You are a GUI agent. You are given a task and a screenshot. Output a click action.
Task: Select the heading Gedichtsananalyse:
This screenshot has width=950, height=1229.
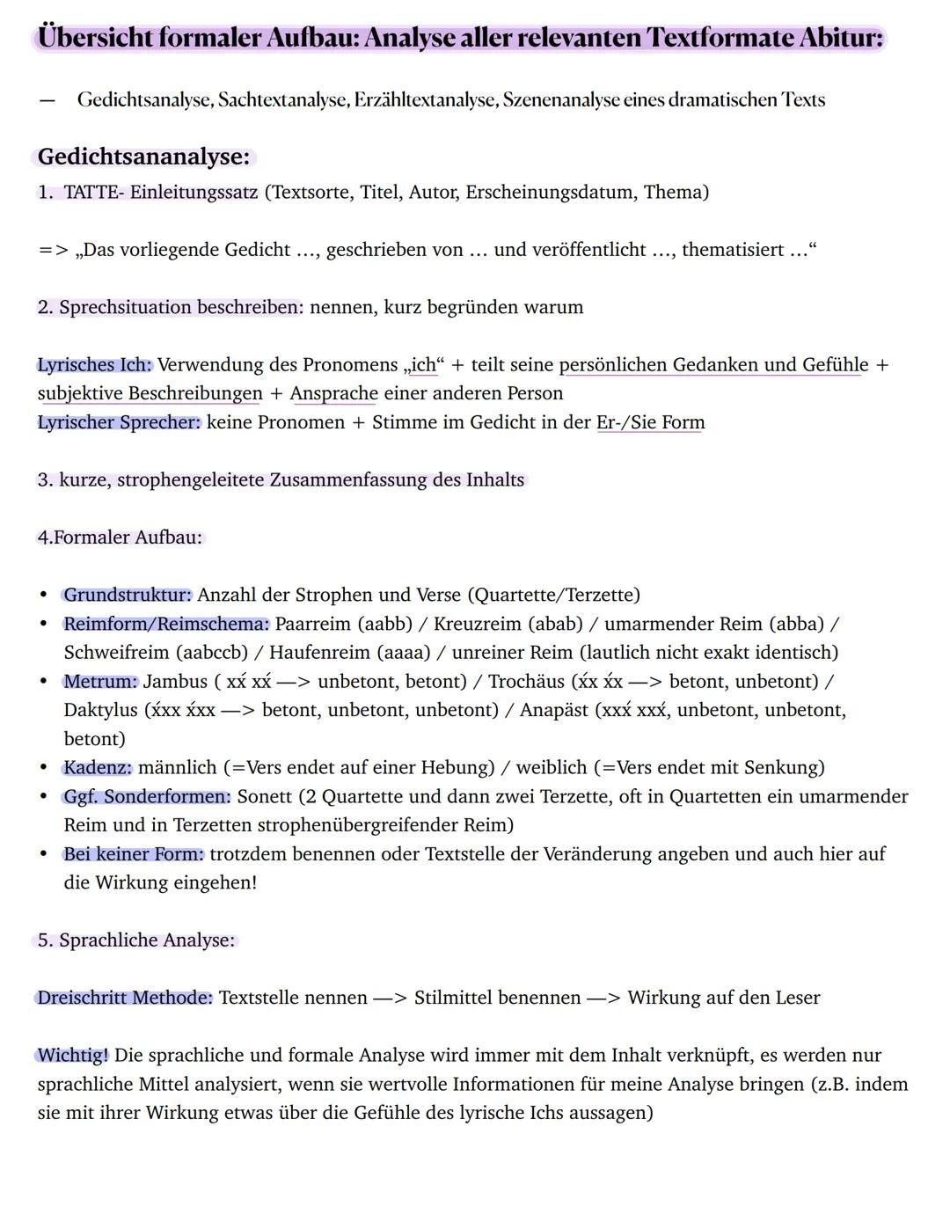[x=144, y=157]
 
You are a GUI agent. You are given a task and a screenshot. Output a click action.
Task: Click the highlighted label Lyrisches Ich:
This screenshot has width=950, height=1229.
[x=94, y=365]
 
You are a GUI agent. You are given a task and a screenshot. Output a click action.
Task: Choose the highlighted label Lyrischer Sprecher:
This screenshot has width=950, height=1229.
[x=119, y=422]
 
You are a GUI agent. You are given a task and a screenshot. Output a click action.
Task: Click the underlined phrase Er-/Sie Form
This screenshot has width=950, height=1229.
[x=650, y=422]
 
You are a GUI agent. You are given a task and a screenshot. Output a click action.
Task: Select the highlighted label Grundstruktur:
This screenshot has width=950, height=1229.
[x=127, y=595]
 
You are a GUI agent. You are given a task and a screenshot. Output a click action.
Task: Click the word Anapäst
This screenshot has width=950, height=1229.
[x=553, y=710]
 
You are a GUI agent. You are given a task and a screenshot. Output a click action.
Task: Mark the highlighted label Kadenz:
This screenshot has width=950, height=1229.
[x=97, y=768]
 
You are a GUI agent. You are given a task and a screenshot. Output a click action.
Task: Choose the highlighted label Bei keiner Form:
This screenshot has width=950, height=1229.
[x=133, y=854]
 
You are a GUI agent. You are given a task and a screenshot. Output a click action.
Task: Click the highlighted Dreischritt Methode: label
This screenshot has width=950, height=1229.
[x=124, y=998]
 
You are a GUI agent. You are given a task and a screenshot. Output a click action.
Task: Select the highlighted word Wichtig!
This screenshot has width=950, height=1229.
[x=73, y=1055]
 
